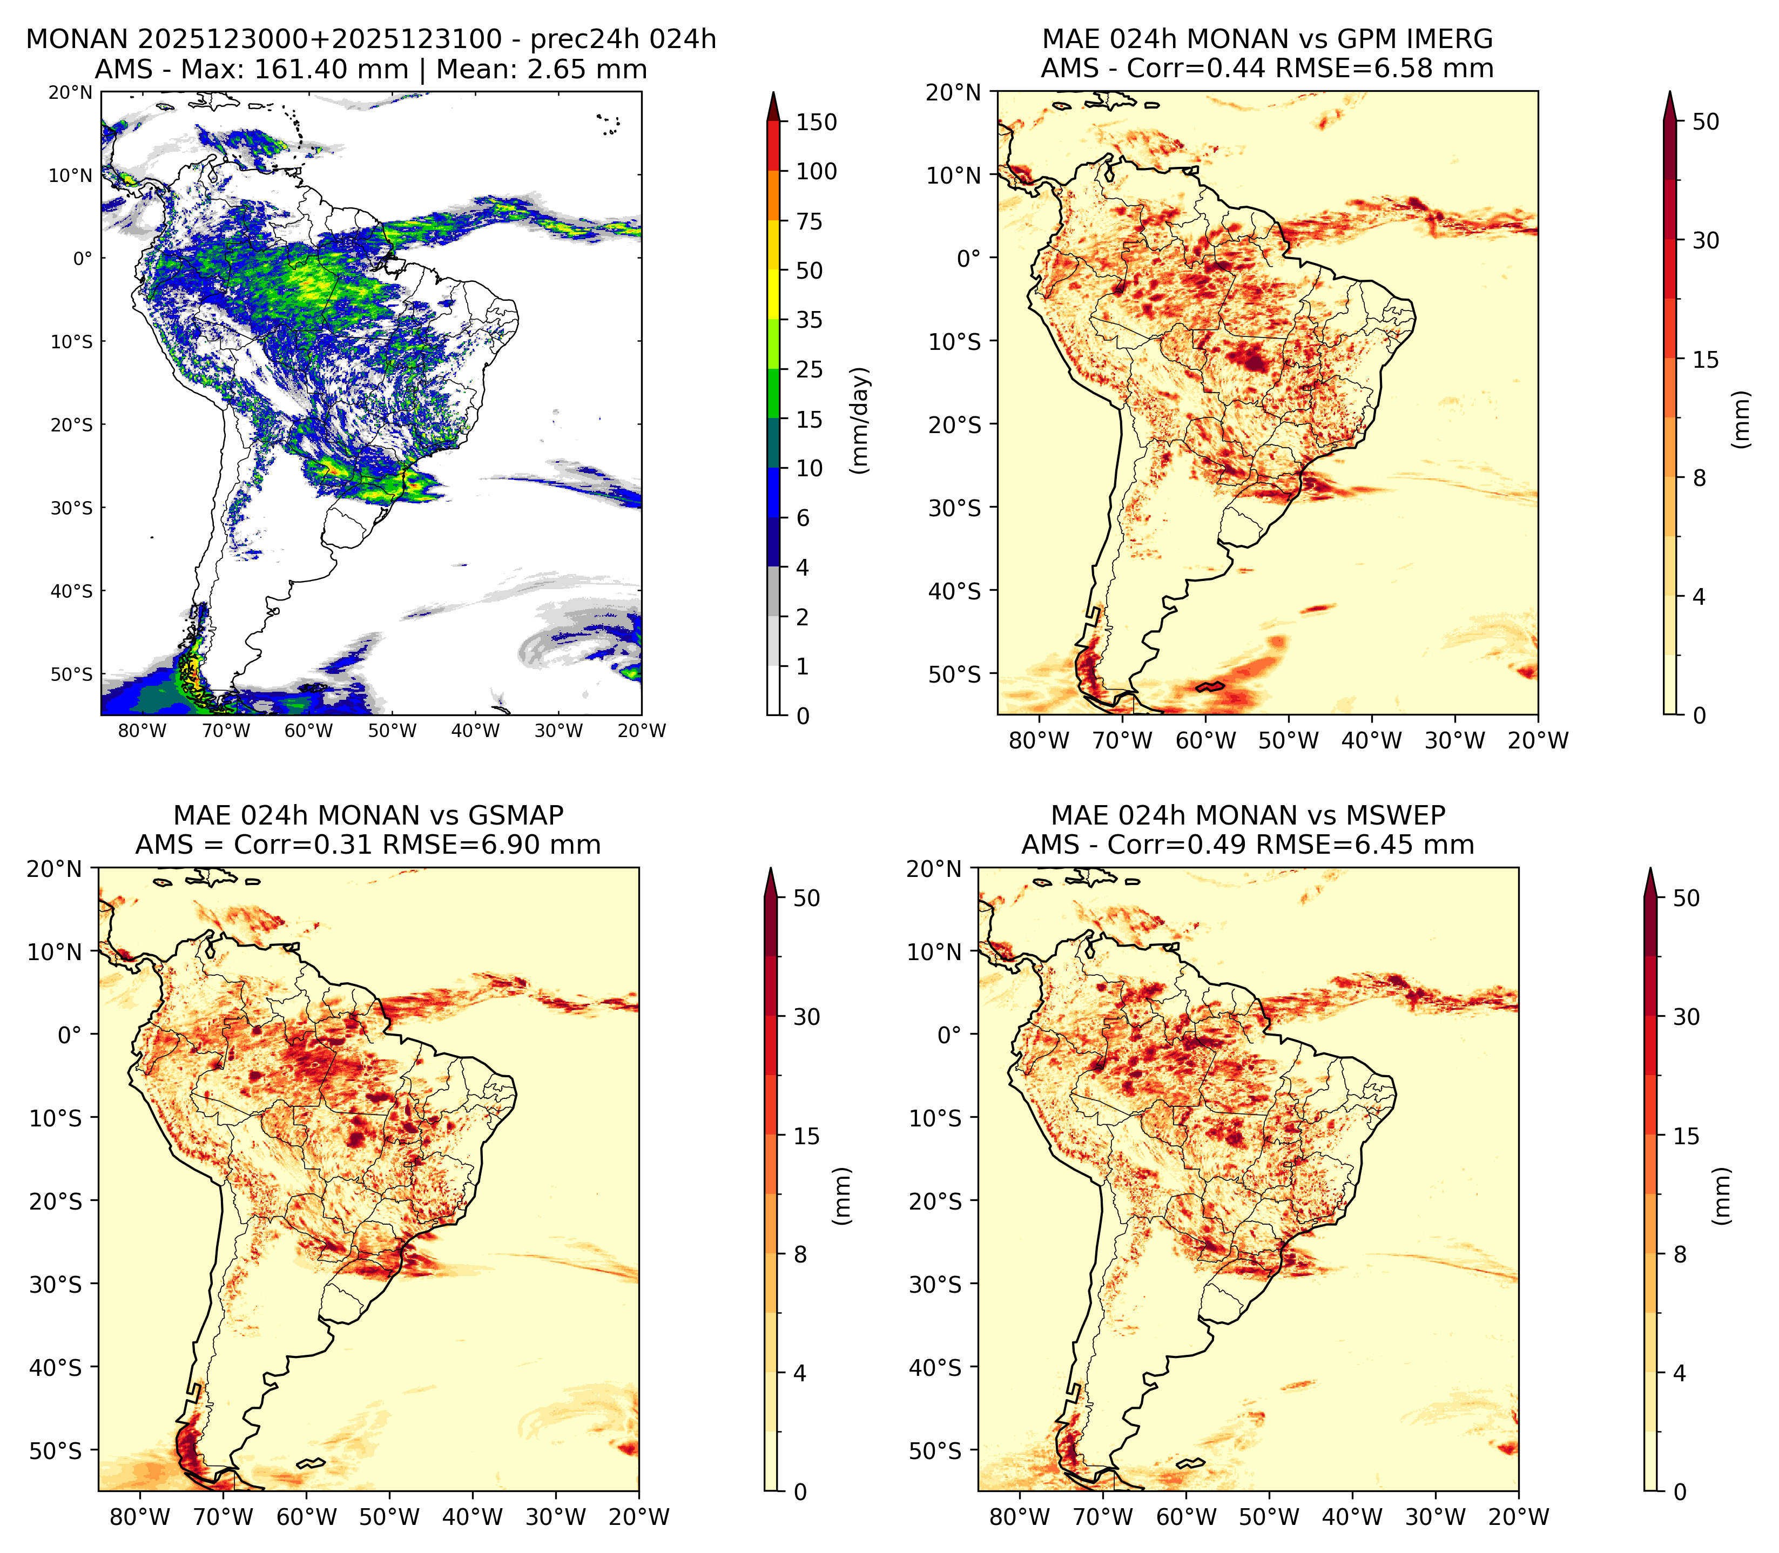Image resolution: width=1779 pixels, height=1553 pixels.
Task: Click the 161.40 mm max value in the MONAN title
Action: [330, 69]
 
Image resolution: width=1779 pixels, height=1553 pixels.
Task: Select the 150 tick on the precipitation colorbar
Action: [816, 122]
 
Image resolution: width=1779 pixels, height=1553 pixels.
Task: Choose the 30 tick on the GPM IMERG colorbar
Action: [1706, 240]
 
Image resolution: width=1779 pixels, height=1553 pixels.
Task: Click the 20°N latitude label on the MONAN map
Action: [70, 92]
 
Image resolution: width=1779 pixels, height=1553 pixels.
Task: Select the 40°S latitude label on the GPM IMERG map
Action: [955, 591]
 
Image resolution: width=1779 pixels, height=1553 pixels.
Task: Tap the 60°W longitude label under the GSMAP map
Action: [307, 1517]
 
